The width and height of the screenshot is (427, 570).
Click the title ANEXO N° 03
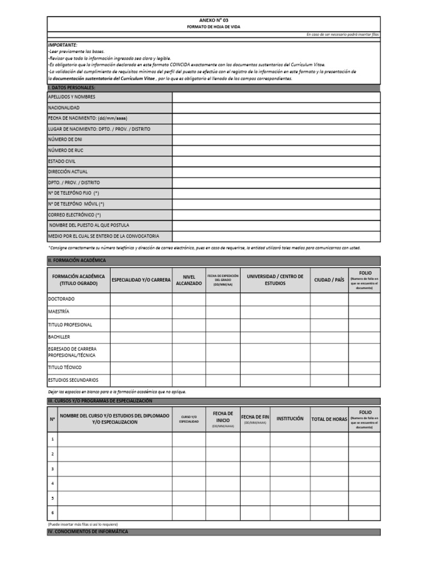213,20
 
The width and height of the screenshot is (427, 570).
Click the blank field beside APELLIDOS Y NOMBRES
276,97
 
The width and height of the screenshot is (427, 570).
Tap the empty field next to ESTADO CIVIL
276,161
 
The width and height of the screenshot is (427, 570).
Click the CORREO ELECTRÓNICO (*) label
75,215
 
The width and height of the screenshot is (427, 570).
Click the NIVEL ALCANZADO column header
188,280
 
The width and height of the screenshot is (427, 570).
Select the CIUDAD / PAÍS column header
329,280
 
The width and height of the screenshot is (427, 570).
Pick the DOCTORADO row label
61,299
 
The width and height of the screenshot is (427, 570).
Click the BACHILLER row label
59,337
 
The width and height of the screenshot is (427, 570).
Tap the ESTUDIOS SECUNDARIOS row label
73,380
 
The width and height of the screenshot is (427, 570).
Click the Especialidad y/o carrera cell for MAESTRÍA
141,312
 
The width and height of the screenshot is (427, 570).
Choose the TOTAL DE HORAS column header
329,419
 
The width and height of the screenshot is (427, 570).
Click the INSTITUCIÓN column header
290,419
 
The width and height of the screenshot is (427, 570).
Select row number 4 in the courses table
52,484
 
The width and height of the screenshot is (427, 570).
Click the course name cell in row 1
115,440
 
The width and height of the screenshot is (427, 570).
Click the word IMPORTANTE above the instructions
63,45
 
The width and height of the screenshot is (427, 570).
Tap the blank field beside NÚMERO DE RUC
276,151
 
